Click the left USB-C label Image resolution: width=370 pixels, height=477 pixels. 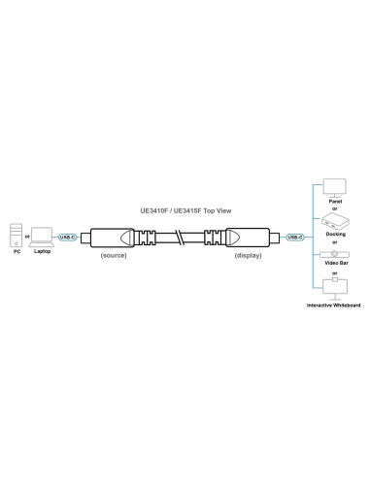[x=66, y=237]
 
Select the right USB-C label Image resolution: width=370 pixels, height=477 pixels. [x=295, y=237]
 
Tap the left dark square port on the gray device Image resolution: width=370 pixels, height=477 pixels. [x=29, y=236]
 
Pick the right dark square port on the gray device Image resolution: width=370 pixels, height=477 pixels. [x=45, y=236]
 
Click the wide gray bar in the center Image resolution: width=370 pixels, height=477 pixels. [x=183, y=207]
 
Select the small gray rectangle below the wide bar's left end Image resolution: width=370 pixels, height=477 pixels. [x=112, y=256]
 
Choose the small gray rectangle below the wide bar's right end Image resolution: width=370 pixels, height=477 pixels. [x=249, y=256]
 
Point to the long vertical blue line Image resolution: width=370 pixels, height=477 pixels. [x=312, y=237]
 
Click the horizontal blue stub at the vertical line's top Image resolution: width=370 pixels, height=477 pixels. [x=317, y=182]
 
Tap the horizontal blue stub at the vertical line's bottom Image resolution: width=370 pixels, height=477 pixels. [x=317, y=291]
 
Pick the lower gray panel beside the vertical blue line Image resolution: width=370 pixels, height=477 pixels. [x=332, y=270]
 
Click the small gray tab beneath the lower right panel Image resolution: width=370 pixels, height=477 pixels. [x=333, y=297]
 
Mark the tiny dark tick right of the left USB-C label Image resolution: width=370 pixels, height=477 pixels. [x=83, y=237]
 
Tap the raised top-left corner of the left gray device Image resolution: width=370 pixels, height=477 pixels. [x=12, y=221]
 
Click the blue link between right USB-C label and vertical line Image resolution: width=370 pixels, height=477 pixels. [x=308, y=237]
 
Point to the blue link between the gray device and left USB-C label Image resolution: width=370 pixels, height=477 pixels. [x=55, y=237]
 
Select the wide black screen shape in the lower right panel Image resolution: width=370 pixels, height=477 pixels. [x=333, y=263]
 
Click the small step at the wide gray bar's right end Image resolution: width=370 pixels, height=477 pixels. [x=229, y=210]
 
